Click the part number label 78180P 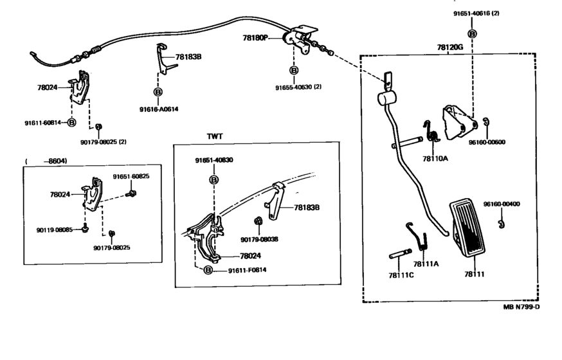(255, 38)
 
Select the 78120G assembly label (449, 47)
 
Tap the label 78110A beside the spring (435, 157)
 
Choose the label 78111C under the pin (402, 274)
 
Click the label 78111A (426, 264)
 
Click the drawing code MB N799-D (521, 306)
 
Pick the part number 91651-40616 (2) (473, 13)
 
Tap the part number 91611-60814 (44, 122)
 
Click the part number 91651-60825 (131, 176)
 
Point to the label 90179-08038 (259, 240)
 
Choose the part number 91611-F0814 (247, 270)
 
